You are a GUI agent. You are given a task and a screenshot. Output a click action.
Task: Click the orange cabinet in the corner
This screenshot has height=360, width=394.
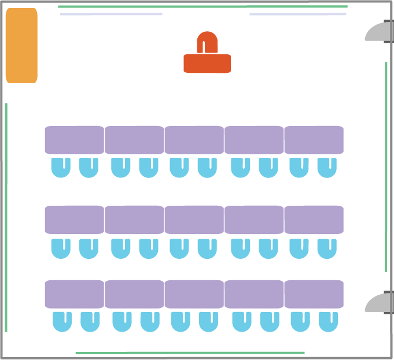click(x=21, y=46)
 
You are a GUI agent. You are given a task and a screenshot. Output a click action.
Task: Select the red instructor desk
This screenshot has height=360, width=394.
click(x=207, y=64)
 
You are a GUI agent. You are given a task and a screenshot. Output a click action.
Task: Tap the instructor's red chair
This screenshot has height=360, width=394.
click(x=207, y=42)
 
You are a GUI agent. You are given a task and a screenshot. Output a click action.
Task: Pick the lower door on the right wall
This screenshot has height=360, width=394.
click(x=380, y=303)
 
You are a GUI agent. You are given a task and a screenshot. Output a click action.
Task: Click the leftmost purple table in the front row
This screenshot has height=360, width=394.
click(x=74, y=140)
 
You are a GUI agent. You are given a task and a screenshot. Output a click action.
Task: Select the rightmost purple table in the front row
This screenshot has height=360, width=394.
click(x=314, y=140)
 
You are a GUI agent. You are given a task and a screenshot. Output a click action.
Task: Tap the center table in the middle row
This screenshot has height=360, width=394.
click(x=194, y=220)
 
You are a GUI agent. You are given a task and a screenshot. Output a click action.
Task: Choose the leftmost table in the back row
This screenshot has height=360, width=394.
click(x=74, y=294)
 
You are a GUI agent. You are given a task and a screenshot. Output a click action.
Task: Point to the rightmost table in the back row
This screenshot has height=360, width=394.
click(x=314, y=294)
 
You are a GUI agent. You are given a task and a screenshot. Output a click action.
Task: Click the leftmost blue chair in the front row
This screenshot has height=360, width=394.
click(x=61, y=167)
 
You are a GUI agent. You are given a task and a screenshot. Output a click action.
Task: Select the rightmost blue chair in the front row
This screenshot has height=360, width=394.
click(x=327, y=167)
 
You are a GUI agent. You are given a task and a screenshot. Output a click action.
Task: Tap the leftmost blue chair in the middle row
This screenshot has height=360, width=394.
click(x=61, y=248)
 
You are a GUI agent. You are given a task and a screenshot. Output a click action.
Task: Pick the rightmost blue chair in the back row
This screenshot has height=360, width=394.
click(x=329, y=321)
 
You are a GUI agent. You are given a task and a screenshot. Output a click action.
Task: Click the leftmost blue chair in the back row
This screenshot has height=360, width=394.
click(x=62, y=321)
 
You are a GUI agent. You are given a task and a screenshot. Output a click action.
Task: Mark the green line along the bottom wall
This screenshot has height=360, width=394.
click(x=190, y=352)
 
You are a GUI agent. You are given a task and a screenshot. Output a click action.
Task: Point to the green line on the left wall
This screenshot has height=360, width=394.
click(x=6, y=217)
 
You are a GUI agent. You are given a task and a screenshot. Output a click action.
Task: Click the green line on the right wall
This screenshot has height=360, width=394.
click(x=386, y=166)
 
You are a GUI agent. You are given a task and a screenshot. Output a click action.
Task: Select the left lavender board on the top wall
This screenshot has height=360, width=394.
click(x=111, y=14)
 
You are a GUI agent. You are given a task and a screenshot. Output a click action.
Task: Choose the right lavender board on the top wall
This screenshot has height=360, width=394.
click(x=297, y=14)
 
